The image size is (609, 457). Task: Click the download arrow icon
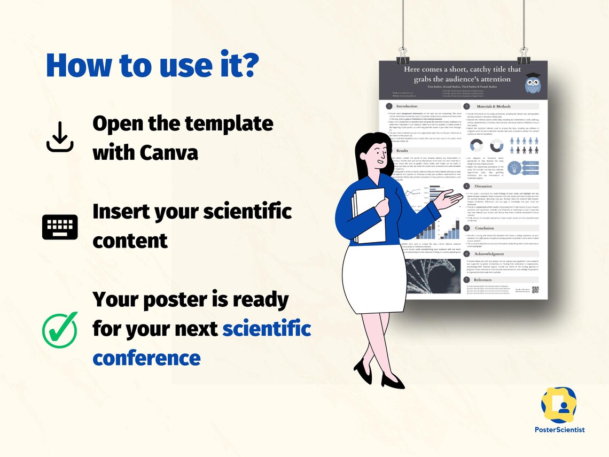coord(59,137)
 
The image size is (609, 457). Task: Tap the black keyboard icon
coord(60,227)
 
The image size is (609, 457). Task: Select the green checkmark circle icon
coord(60,330)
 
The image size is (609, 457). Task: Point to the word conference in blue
coord(146,357)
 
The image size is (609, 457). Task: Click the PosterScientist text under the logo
coord(559,429)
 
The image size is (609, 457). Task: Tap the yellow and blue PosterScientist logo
coord(559,405)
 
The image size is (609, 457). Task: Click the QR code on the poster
coord(535,290)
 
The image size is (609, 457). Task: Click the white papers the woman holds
coord(369,214)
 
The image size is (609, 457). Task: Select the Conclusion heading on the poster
coord(485,228)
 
